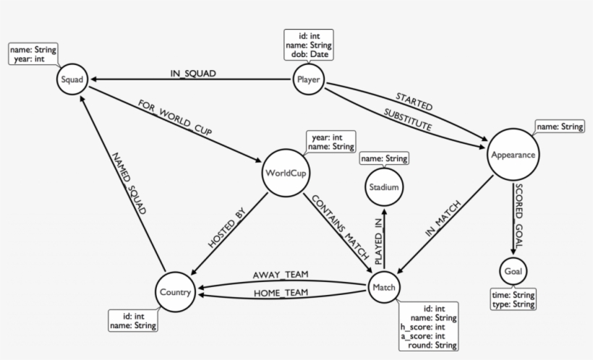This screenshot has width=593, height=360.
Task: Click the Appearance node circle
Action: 513,155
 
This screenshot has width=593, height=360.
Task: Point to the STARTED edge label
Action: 414,101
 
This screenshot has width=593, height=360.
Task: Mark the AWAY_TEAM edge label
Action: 280,275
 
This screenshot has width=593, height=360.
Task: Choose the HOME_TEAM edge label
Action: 280,293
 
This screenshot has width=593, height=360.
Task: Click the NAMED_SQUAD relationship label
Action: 128,184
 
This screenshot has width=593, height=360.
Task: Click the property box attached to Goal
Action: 513,300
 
